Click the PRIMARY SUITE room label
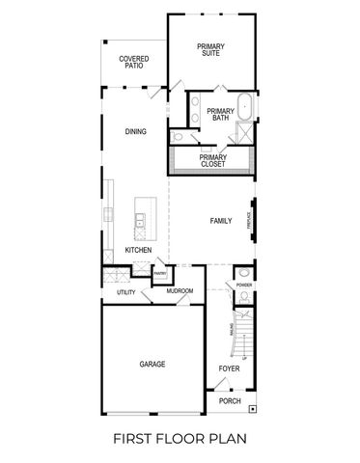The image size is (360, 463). pos(209,50)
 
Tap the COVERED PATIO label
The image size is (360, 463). pos(134,63)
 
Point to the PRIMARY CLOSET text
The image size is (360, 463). pos(213,161)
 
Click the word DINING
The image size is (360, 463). pos(135,131)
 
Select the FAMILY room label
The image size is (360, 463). pos(221,222)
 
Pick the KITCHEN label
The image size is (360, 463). pos(138,251)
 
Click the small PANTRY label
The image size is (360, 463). pos(161,273)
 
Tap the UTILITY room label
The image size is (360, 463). pos(125,291)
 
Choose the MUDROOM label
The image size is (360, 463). pos(180,290)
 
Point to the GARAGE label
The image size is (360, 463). pos(152,365)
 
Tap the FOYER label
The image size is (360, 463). pos(229,368)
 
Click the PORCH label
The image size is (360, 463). pos(230,400)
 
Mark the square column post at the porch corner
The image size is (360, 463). pos(253,409)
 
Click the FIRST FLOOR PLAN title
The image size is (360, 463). pos(180,439)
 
